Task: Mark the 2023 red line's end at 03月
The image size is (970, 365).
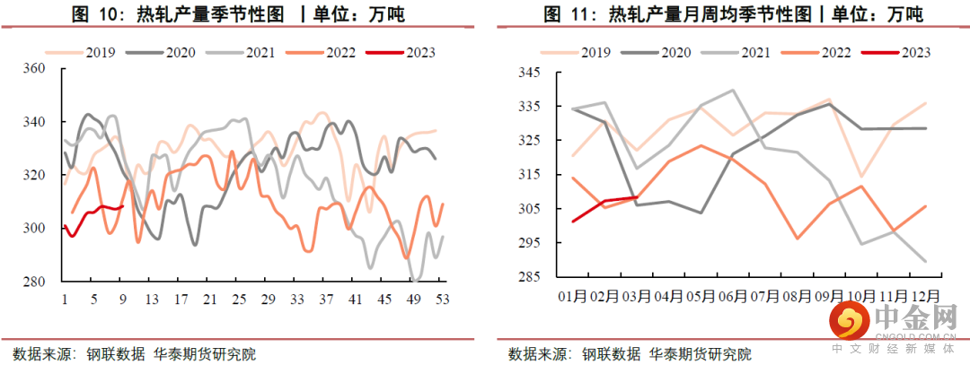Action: pos(637,197)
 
